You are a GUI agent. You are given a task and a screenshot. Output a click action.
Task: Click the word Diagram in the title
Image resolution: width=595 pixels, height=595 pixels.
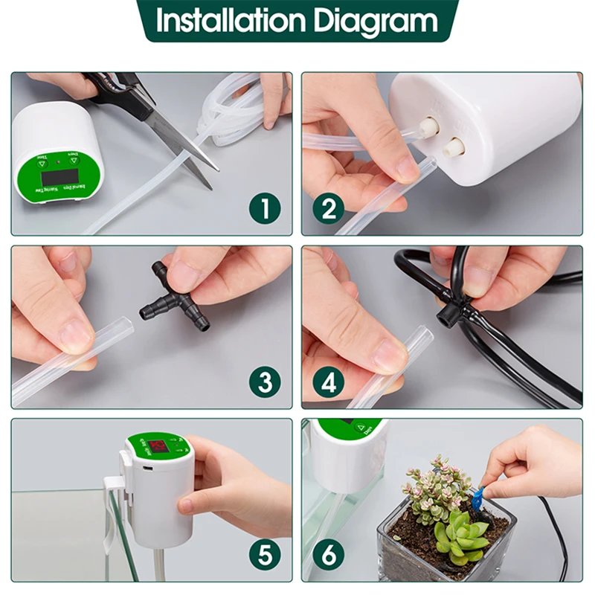click(376, 22)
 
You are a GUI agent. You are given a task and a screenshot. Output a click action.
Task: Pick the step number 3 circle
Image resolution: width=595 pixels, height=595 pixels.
click(265, 382)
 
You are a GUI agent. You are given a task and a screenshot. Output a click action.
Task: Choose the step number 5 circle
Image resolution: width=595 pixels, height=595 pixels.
click(265, 555)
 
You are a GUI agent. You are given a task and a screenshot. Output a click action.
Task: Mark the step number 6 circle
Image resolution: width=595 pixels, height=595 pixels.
click(328, 555)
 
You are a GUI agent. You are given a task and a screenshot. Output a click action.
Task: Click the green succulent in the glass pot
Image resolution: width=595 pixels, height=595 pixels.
click(460, 533)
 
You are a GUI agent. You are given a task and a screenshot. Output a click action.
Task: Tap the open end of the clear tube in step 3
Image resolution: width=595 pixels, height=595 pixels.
click(125, 327)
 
